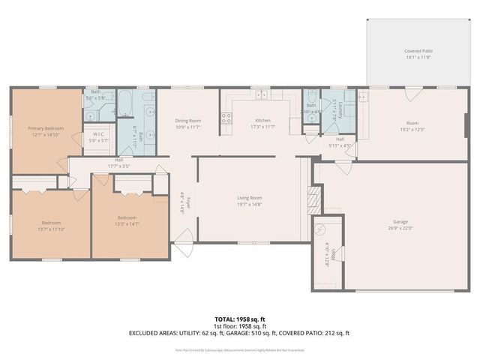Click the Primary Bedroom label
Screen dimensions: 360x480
coord(46,128)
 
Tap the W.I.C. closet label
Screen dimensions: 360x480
coord(99,135)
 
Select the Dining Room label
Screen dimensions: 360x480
coord(188,121)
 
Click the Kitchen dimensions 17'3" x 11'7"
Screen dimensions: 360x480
coord(262,127)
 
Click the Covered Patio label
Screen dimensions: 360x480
coord(418,51)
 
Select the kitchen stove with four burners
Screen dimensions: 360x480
coord(226,118)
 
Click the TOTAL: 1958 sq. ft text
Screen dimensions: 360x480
coord(239,319)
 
